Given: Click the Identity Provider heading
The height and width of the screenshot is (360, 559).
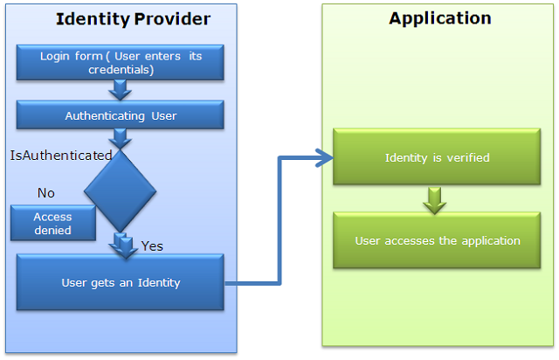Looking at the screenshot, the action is click(x=133, y=19).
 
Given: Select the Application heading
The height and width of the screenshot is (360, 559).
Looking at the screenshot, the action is click(x=440, y=18).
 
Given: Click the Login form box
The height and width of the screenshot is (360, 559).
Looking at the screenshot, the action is click(x=121, y=62).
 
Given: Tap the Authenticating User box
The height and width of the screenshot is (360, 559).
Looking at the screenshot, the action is click(x=121, y=114).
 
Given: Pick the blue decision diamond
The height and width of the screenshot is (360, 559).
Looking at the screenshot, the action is click(x=121, y=190).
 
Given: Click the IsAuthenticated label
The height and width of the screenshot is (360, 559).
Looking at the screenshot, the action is click(x=61, y=156).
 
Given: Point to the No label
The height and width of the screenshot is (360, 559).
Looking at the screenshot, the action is click(x=46, y=193).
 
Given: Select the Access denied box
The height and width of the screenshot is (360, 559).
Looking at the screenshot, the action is click(x=53, y=223).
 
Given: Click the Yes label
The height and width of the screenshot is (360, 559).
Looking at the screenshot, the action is click(x=152, y=246).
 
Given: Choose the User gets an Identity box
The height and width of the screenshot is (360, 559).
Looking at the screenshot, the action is click(x=121, y=282).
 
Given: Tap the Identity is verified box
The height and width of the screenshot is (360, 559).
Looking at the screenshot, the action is click(x=437, y=157).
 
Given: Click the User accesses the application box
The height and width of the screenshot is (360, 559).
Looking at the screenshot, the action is click(x=437, y=240).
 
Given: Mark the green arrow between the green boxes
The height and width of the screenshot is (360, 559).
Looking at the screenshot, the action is click(x=435, y=200).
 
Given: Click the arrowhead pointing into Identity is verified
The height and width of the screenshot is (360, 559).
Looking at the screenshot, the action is click(x=324, y=157).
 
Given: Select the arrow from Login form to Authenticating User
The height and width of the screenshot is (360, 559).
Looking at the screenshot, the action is click(x=121, y=90).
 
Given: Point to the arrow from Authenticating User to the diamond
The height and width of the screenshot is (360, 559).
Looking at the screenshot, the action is click(x=121, y=139).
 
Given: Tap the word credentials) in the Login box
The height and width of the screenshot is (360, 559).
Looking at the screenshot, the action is click(x=121, y=70).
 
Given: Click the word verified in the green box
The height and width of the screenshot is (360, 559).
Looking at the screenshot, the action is click(x=468, y=157).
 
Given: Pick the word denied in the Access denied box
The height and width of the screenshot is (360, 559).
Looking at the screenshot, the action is click(x=52, y=230).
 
